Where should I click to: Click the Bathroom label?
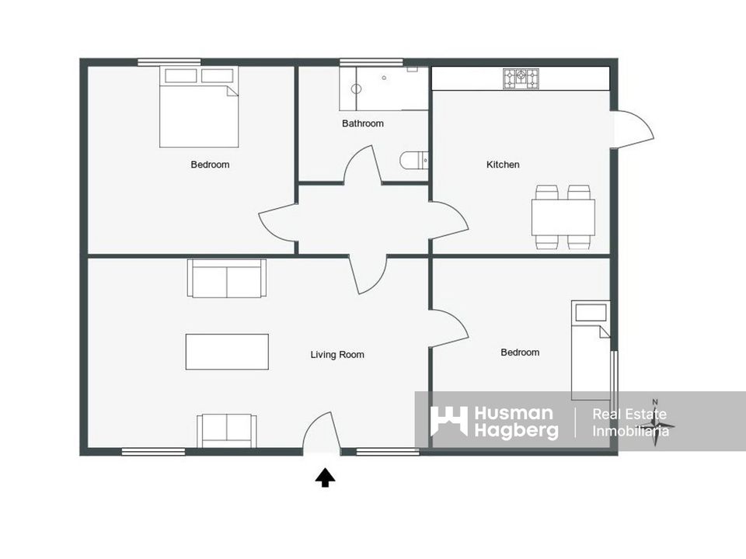pyautogui.click(x=363, y=123)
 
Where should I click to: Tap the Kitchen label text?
pyautogui.click(x=503, y=165)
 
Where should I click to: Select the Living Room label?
pyautogui.click(x=337, y=355)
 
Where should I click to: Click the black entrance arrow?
pyautogui.click(x=325, y=477)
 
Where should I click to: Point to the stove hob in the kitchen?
pyautogui.click(x=521, y=79)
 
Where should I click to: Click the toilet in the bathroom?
pyautogui.click(x=414, y=161)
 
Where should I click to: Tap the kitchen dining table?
pyautogui.click(x=563, y=217)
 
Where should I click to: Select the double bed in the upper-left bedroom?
pyautogui.click(x=199, y=107)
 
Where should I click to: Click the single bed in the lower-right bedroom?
pyautogui.click(x=591, y=350)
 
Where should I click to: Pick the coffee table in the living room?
pyautogui.click(x=227, y=352)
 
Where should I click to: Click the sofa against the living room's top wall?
pyautogui.click(x=226, y=279)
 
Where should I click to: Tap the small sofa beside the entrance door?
pyautogui.click(x=227, y=431)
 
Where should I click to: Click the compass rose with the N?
pyautogui.click(x=655, y=422)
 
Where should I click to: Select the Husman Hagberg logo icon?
pyautogui.click(x=448, y=421)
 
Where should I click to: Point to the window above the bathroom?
pyautogui.click(x=371, y=62)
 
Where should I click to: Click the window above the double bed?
pyautogui.click(x=169, y=62)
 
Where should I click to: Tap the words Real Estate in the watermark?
pyautogui.click(x=629, y=414)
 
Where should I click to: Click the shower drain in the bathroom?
pyautogui.click(x=384, y=78)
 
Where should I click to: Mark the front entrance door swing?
pyautogui.click(x=322, y=430)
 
